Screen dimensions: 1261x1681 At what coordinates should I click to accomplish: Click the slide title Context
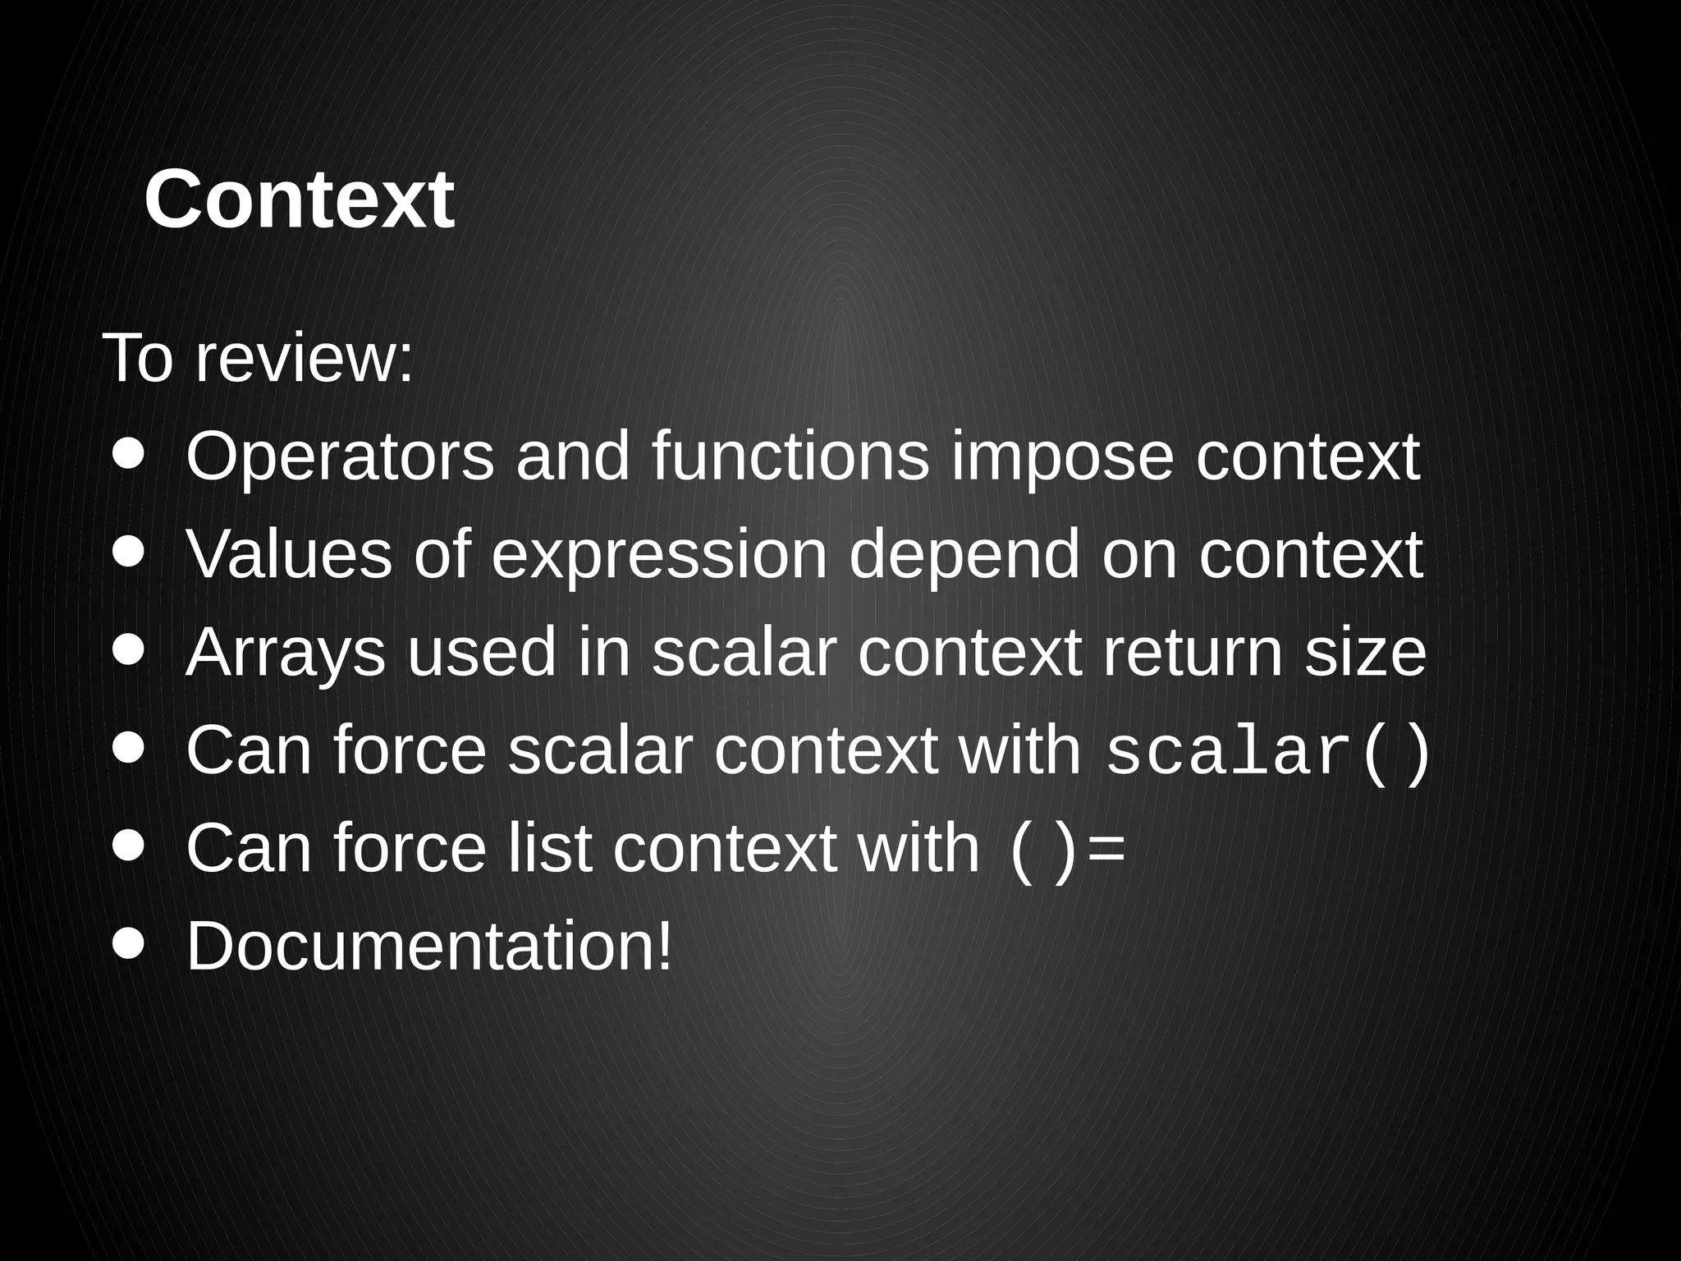(x=299, y=199)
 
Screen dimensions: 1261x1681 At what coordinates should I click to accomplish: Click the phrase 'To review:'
(x=259, y=359)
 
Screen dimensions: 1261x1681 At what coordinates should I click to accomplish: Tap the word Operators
(x=340, y=457)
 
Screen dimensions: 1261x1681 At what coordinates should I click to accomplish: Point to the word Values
(x=289, y=554)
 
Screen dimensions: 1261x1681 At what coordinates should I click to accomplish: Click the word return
(x=1191, y=653)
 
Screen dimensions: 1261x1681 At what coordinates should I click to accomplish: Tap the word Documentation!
(x=429, y=947)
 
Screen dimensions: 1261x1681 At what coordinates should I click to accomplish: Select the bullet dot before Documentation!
(x=129, y=943)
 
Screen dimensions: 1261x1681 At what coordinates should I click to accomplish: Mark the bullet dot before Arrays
(x=129, y=649)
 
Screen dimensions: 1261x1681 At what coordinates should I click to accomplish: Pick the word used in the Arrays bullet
(x=481, y=653)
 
